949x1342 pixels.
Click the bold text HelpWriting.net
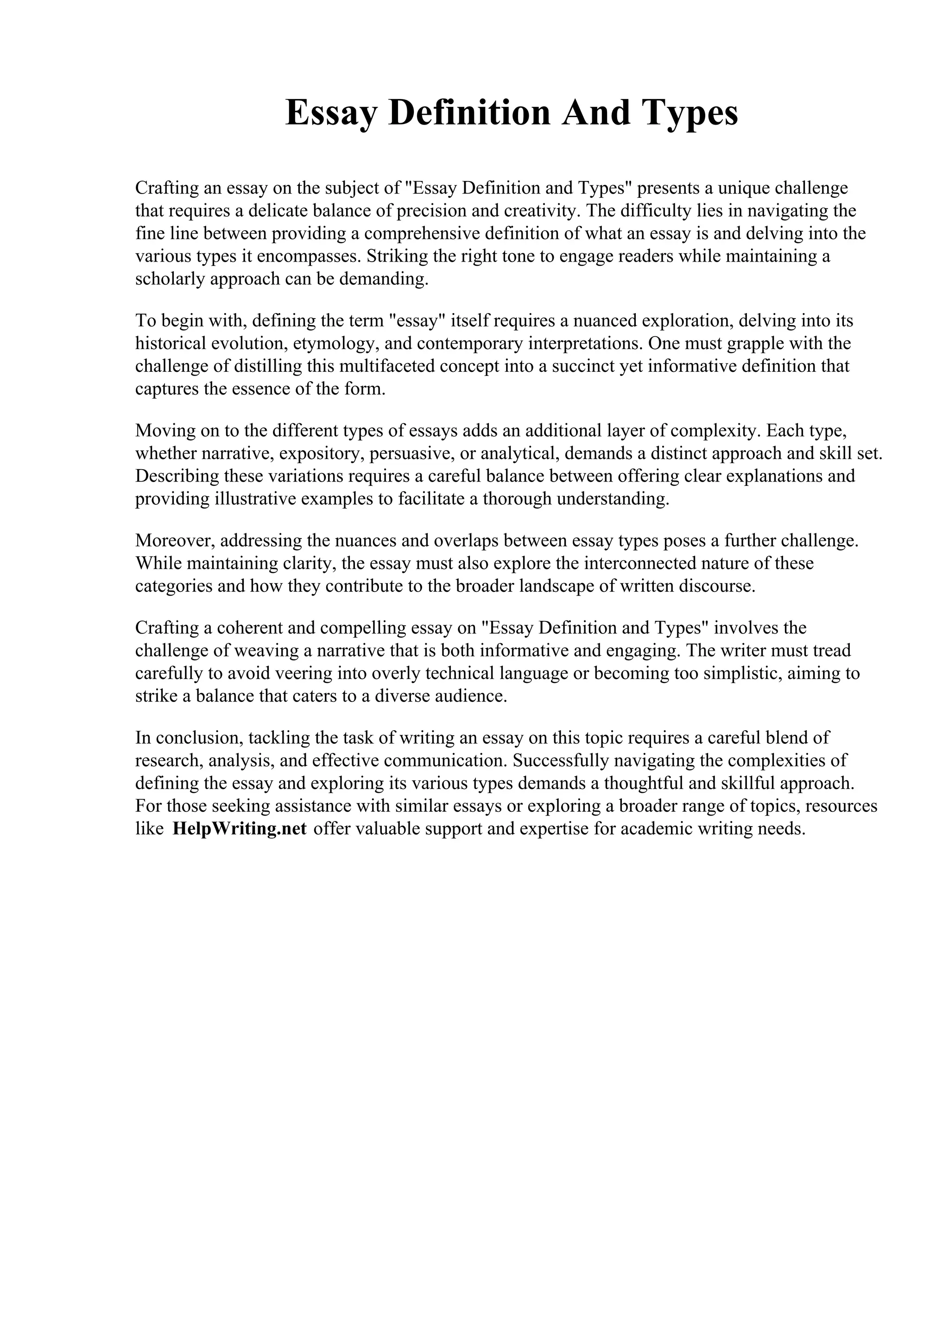click(239, 829)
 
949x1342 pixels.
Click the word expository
click(322, 453)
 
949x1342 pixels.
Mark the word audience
click(471, 696)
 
